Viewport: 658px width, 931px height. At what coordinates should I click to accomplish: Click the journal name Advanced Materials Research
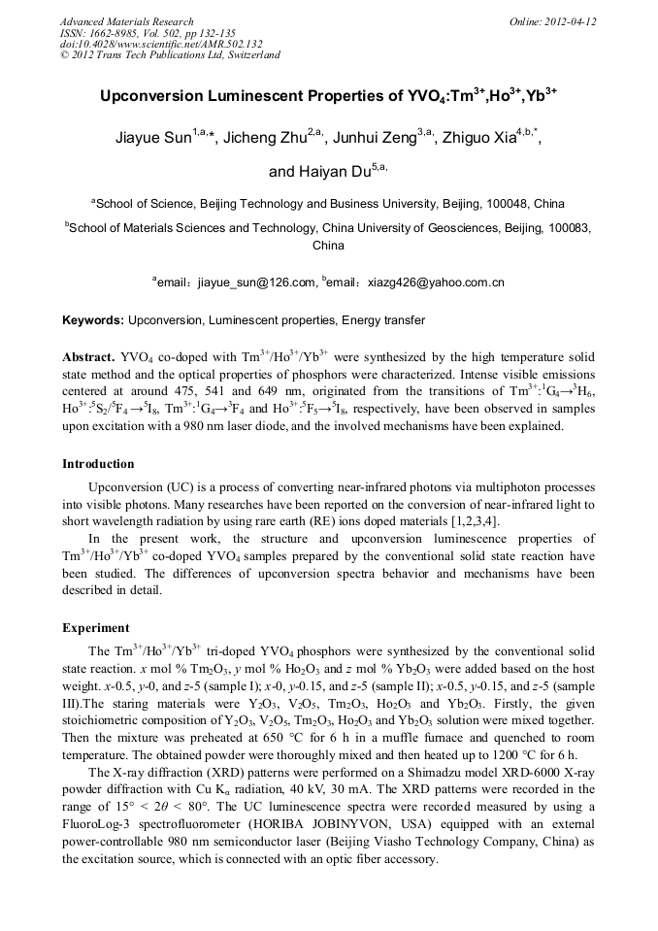[126, 21]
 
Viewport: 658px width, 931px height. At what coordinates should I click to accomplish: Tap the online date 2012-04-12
[570, 21]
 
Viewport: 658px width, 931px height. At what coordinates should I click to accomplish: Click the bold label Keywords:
[93, 320]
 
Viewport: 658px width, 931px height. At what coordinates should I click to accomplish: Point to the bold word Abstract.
[88, 356]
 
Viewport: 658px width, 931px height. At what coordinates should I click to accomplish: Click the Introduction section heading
[98, 464]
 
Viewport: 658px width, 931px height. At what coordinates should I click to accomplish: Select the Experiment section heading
[95, 628]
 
